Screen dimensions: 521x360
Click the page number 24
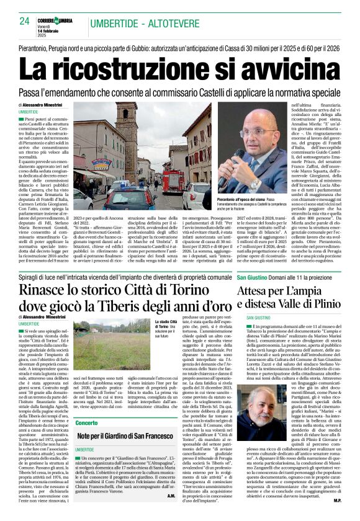pyautogui.click(x=25, y=22)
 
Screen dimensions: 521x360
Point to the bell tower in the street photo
pyautogui.click(x=127, y=133)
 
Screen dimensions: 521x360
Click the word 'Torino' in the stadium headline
pyautogui.click(x=191, y=290)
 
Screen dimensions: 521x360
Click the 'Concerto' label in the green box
pyautogui.click(x=86, y=423)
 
